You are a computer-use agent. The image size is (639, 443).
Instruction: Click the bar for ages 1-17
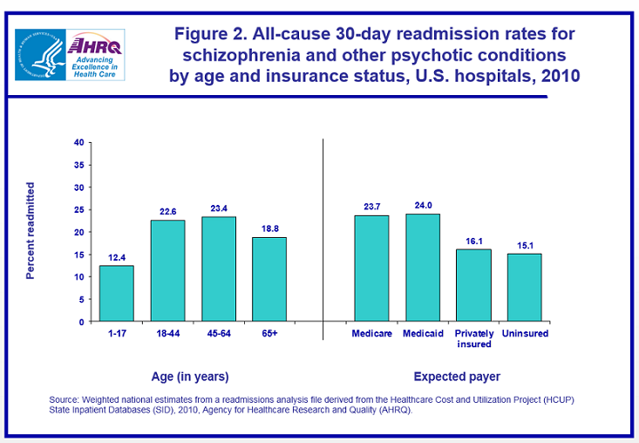(116, 294)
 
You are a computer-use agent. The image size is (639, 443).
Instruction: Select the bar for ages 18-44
(167, 271)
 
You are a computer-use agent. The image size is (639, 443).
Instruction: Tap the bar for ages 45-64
(218, 269)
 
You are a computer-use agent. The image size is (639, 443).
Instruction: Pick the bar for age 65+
(269, 280)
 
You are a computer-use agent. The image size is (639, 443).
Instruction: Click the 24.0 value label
(423, 206)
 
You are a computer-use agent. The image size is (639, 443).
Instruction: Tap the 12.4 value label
(116, 257)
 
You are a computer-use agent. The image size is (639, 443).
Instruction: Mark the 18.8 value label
(269, 228)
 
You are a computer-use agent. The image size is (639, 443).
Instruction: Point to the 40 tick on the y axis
(79, 142)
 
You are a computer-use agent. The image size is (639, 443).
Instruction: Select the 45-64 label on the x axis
(218, 334)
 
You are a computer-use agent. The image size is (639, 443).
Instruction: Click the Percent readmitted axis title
(31, 231)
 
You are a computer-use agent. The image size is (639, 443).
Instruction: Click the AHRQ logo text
(95, 44)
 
